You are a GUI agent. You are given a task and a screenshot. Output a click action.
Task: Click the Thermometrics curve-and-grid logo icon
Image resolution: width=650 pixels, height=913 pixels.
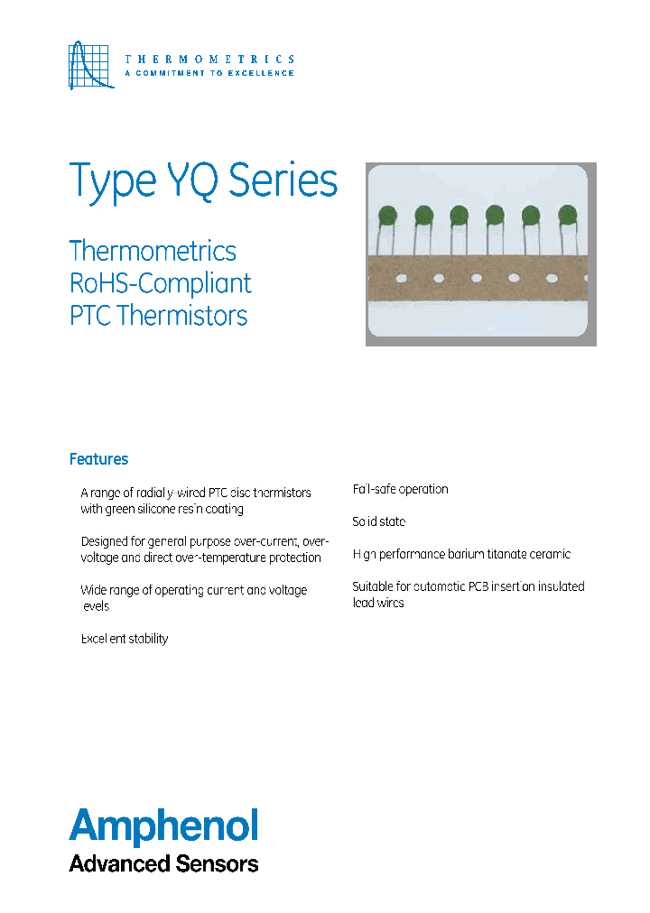click(x=91, y=65)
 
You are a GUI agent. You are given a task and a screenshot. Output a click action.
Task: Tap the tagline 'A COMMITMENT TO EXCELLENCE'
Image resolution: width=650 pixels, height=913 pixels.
click(x=209, y=73)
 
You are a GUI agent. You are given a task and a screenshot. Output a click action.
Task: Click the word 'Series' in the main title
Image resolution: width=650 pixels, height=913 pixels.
click(x=283, y=180)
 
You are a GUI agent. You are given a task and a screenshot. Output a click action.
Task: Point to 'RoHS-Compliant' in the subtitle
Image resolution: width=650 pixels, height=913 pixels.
click(x=161, y=283)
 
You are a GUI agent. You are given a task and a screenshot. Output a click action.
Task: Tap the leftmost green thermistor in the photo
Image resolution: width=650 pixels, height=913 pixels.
click(x=387, y=216)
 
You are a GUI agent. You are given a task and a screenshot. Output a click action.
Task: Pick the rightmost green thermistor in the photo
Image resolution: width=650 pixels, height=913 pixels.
click(x=567, y=215)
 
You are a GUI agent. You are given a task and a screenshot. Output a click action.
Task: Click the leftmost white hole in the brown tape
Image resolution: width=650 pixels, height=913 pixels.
click(x=401, y=278)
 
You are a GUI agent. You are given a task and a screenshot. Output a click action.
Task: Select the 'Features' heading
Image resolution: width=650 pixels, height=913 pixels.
click(x=98, y=459)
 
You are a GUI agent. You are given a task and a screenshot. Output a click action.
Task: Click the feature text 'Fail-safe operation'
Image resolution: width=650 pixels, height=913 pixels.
click(x=400, y=489)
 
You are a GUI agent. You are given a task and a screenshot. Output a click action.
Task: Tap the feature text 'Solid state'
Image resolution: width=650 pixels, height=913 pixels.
click(x=378, y=521)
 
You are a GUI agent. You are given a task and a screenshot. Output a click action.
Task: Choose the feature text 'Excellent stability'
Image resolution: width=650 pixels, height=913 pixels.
click(x=124, y=639)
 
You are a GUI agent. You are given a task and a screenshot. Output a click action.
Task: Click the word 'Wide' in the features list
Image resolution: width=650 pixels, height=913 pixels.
click(x=95, y=590)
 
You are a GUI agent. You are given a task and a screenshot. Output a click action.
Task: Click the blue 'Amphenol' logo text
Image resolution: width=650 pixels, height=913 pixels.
click(x=164, y=825)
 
